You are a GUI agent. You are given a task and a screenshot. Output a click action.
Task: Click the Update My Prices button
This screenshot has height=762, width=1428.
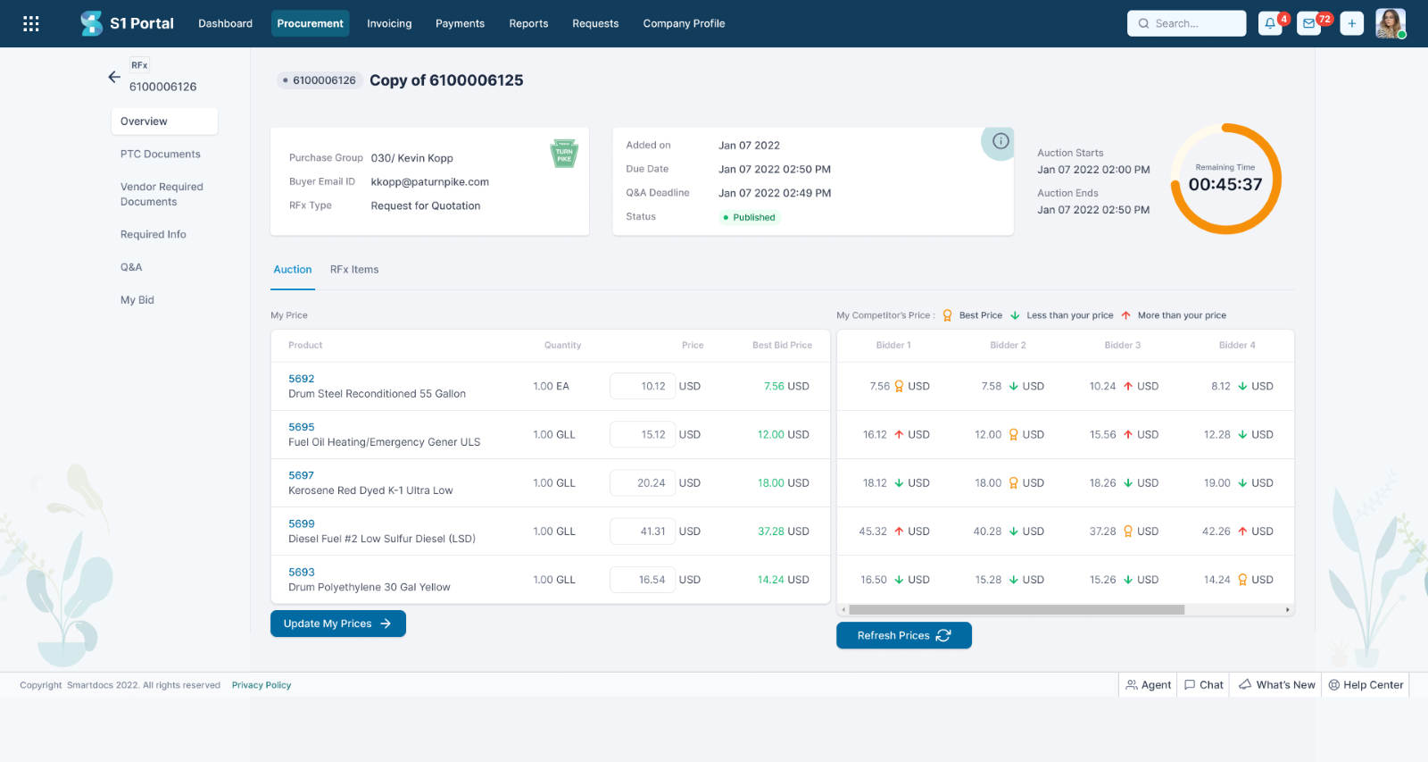337,624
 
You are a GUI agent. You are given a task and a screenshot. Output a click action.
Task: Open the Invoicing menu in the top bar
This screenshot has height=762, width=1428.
389,23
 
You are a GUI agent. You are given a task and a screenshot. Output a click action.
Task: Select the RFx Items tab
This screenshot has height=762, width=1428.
354,270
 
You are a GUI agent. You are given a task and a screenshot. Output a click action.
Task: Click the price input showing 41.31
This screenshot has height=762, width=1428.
643,532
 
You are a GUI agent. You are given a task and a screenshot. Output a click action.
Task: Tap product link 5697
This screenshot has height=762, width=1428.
301,475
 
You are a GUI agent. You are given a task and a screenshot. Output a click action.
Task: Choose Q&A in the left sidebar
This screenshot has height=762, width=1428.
131,267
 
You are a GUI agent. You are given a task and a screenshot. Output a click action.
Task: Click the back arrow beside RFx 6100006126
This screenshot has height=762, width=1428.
114,77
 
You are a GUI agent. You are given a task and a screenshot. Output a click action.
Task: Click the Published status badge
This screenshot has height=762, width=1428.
750,217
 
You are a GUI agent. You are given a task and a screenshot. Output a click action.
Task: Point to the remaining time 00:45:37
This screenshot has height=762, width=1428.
1225,184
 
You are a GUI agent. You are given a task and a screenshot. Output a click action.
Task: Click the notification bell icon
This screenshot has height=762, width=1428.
1269,24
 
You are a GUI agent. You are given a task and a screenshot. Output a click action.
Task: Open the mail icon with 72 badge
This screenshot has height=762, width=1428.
1308,24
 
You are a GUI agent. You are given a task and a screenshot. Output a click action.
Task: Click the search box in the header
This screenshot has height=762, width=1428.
1186,23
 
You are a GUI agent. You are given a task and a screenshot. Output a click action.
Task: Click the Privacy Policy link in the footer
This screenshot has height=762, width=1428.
262,685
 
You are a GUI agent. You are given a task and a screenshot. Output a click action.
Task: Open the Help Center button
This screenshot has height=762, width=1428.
1366,685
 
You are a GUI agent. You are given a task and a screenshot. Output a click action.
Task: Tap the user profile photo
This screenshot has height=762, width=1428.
1390,23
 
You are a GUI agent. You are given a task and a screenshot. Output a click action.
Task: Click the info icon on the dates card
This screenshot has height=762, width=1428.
1000,141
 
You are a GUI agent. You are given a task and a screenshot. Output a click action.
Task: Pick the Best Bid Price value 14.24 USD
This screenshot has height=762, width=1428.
783,580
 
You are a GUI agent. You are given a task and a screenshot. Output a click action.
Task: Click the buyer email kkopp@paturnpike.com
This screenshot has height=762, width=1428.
429,182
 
